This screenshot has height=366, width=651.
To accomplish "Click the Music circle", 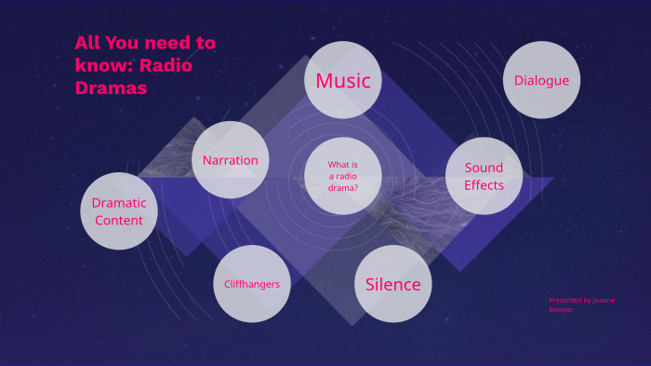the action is pyautogui.click(x=343, y=80).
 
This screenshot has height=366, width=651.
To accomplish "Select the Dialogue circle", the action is pyautogui.click(x=541, y=80).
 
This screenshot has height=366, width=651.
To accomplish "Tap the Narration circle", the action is pyautogui.click(x=231, y=160).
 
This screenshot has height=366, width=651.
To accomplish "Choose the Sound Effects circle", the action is pyautogui.click(x=484, y=176).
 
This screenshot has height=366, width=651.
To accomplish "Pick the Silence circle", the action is pyautogui.click(x=392, y=284).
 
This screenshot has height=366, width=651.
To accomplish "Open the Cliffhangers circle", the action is pyautogui.click(x=251, y=284).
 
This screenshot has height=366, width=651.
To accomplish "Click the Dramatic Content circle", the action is pyautogui.click(x=119, y=211).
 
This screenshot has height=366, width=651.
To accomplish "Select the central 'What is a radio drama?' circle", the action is pyautogui.click(x=343, y=176).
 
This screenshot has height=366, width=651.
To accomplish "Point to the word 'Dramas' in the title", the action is pyautogui.click(x=112, y=88).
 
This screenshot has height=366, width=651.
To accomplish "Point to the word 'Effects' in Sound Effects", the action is pyautogui.click(x=484, y=185).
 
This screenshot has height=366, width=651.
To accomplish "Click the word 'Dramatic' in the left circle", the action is pyautogui.click(x=119, y=202).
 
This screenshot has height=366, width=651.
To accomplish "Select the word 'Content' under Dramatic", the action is pyautogui.click(x=119, y=221).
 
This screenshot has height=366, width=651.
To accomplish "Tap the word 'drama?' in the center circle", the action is pyautogui.click(x=343, y=186).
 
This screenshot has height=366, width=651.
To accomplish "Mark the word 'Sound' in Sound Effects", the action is pyautogui.click(x=484, y=168).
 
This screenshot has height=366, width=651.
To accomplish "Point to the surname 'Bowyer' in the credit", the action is pyautogui.click(x=561, y=309).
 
